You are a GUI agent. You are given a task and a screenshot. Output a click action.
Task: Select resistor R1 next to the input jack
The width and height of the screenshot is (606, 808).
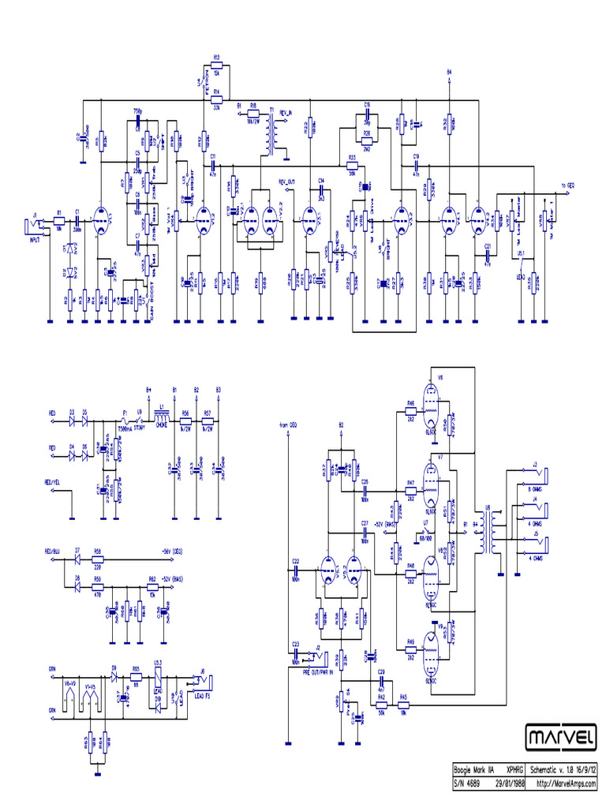(58, 222)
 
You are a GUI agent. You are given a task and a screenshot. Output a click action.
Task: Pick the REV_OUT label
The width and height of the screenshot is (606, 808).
(287, 181)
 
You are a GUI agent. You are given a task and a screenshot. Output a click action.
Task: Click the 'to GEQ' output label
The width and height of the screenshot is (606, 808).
(567, 185)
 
